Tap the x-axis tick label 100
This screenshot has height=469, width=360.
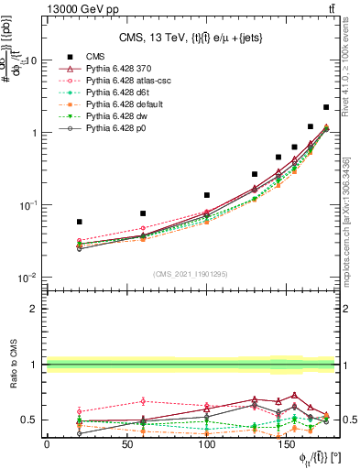207,444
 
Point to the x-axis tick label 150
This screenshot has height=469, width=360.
287,444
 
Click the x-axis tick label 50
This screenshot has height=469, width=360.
127,444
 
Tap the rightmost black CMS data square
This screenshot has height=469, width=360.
326,107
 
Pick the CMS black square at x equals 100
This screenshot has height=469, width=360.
207,195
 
